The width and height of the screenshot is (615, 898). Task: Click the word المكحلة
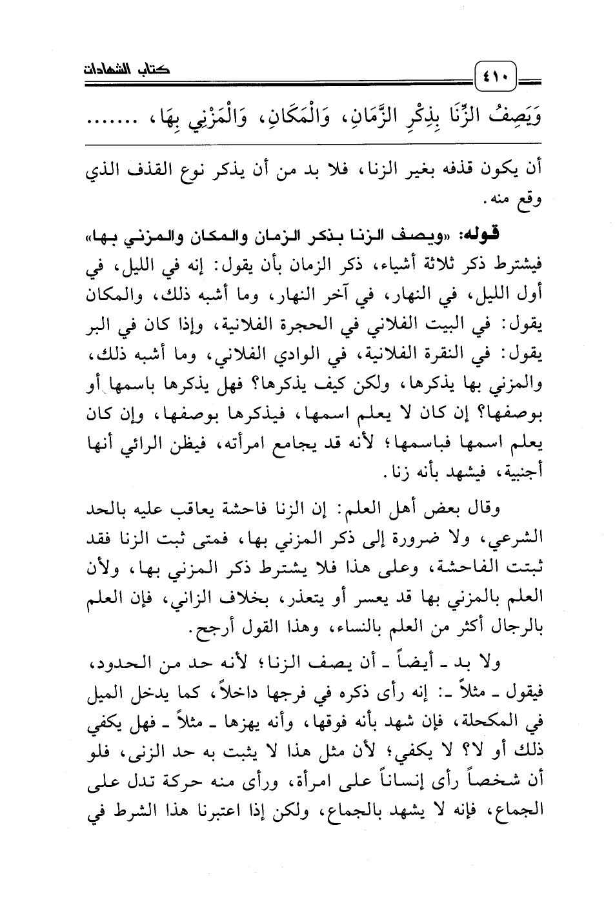point(496,724)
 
